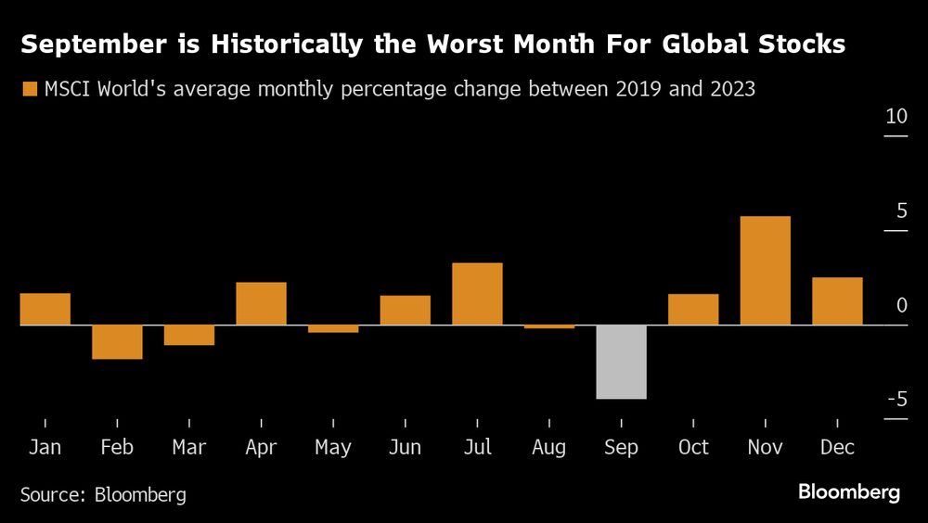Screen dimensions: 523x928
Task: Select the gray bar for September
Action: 621,362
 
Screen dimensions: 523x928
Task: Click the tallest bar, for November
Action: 765,271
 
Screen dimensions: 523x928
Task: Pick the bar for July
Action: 477,294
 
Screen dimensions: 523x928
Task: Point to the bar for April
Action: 261,303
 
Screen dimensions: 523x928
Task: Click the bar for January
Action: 45,309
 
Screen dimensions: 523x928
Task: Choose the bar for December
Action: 837,301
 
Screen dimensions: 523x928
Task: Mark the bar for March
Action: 189,335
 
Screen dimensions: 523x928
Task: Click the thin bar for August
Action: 549,326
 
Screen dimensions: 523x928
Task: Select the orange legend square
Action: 29,89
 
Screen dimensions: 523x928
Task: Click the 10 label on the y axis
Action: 896,118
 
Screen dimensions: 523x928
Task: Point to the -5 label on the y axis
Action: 896,400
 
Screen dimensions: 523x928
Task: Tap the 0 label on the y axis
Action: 901,306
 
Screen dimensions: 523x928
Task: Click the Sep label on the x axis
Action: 621,447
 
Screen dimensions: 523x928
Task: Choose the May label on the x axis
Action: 333,447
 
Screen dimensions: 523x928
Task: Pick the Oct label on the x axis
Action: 693,447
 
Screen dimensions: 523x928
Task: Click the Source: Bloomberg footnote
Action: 103,494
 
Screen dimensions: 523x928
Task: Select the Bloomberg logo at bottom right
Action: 849,492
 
